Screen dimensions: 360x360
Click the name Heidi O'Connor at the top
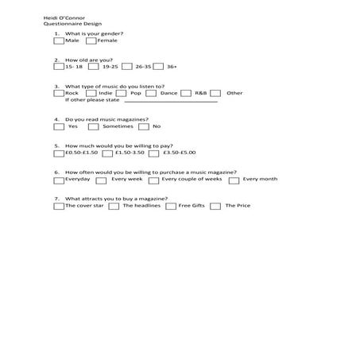point(64,17)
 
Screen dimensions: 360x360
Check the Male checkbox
point(59,41)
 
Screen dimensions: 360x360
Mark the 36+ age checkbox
point(159,67)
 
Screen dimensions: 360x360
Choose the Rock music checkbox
point(59,93)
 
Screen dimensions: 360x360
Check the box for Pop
point(124,93)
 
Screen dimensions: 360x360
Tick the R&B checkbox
point(187,93)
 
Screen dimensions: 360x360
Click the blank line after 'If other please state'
point(170,101)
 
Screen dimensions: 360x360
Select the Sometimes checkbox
point(94,126)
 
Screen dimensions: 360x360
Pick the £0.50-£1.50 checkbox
point(59,153)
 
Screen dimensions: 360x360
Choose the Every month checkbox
point(234,180)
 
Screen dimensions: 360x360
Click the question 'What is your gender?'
point(94,34)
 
